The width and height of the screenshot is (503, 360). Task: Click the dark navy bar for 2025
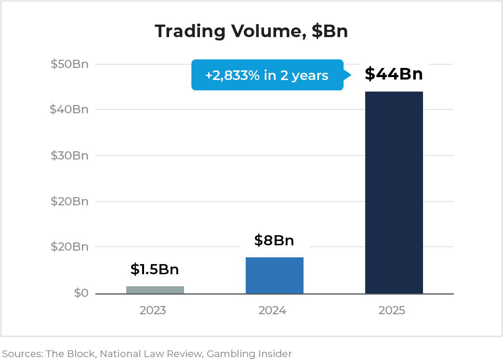[x=394, y=193]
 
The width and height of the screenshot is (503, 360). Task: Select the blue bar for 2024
[x=274, y=276]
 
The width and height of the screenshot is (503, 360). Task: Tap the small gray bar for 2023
[x=155, y=290]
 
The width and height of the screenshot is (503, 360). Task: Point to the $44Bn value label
[x=394, y=74]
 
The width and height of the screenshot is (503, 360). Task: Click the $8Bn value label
[x=274, y=240]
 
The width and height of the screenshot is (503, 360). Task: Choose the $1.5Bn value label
[x=155, y=269]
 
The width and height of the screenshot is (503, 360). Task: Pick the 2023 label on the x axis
[x=153, y=310]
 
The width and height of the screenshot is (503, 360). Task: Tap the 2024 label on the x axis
[x=272, y=310]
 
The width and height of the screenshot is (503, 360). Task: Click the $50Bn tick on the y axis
[x=69, y=64]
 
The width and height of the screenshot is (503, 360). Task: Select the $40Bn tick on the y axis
[x=69, y=109]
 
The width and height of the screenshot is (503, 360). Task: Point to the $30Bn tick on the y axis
[x=69, y=156]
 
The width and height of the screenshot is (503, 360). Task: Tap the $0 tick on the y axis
[x=81, y=293]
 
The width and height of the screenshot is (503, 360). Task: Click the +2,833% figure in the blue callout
[x=232, y=75]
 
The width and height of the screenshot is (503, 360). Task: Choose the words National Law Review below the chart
[x=151, y=354]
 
